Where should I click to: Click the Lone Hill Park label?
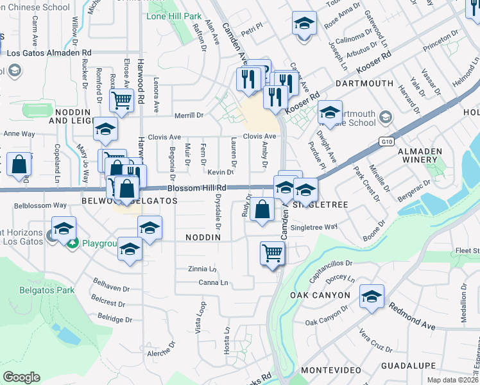[x=174, y=15]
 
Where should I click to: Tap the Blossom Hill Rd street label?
[x=197, y=188]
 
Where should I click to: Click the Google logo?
[x=21, y=377]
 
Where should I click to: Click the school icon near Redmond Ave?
[x=372, y=296]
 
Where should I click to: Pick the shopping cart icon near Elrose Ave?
[x=121, y=99]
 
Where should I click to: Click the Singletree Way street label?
[x=314, y=227]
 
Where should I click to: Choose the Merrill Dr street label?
[x=189, y=116]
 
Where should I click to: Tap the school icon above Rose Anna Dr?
[x=305, y=24]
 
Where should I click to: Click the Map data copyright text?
[x=449, y=379]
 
